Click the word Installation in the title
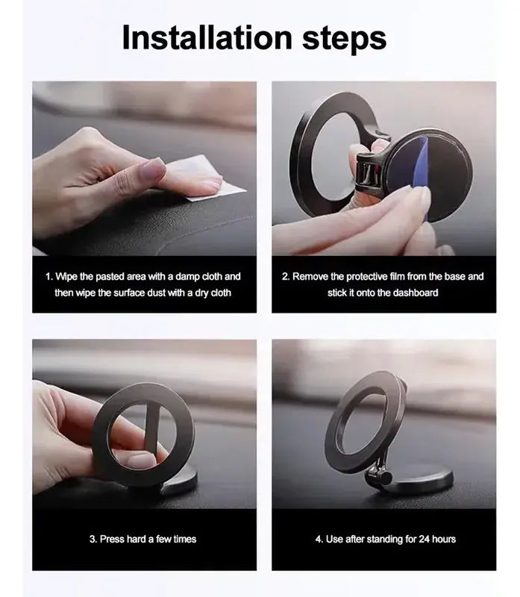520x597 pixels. (x=207, y=37)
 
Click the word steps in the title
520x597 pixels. (x=345, y=40)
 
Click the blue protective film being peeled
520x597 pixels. (x=421, y=178)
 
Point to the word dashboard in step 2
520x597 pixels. (x=416, y=293)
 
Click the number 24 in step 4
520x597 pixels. (x=425, y=539)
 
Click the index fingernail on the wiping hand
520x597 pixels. (x=154, y=169)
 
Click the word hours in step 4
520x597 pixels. (x=444, y=539)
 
